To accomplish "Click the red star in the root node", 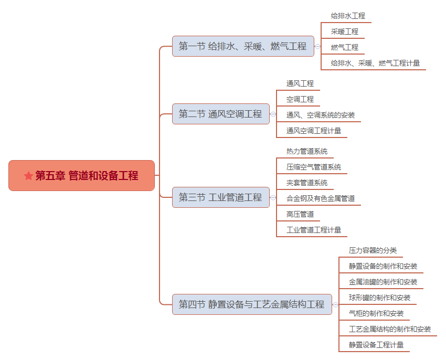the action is [28, 176].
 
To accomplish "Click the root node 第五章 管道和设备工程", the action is [82, 176].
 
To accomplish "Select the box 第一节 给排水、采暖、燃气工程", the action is [243, 46].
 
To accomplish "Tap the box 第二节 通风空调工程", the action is [221, 114].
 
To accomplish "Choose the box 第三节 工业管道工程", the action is [221, 197].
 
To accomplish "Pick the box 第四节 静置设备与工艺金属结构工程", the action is [252, 304].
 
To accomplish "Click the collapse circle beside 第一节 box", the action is [318, 46].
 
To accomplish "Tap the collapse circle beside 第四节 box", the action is [335, 304].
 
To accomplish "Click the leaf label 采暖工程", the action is [344, 31].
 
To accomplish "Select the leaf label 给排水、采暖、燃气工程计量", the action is [375, 63].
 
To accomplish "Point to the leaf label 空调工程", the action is [300, 99].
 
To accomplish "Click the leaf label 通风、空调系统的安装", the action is [320, 115].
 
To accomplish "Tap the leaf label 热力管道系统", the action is [306, 151].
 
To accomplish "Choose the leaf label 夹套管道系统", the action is [306, 183].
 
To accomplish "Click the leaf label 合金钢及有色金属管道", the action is [320, 198].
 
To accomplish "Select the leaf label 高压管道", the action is [300, 214].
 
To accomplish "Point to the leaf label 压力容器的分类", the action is [373, 250].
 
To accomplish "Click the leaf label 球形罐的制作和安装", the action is [379, 298].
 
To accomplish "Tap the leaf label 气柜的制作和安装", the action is [376, 313].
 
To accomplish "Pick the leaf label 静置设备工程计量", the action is [376, 345].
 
